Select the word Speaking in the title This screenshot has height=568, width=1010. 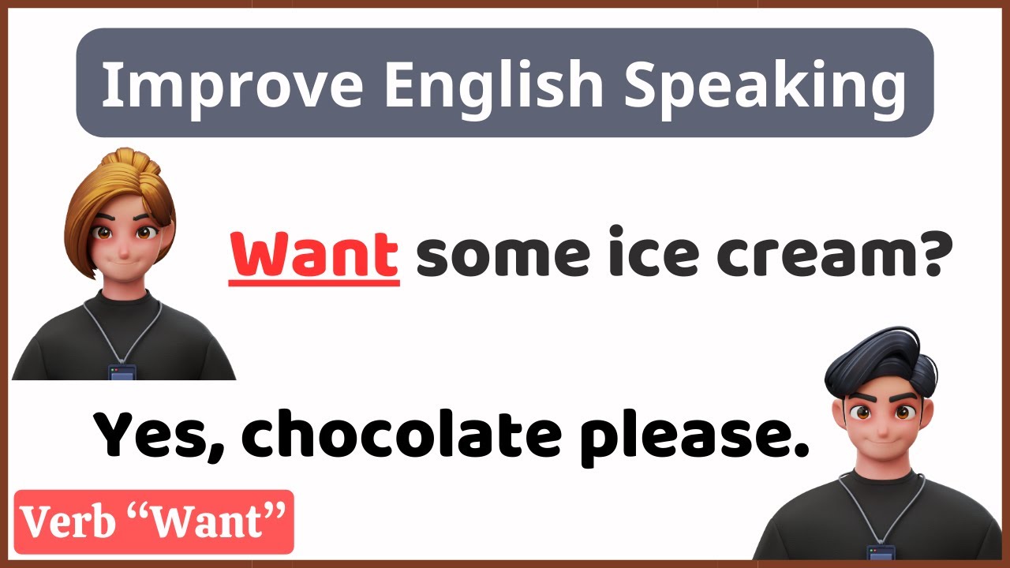coord(764,85)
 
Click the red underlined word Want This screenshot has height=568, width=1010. coord(314,254)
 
